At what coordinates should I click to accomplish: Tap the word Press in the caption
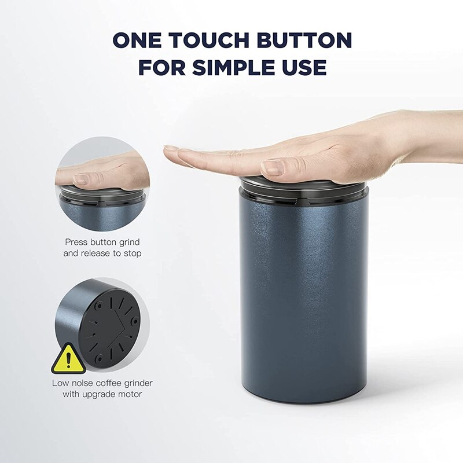coord(76,242)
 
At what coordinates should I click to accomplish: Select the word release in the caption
coord(102,253)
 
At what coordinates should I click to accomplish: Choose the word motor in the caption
coord(129,394)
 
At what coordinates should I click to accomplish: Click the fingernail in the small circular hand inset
coord(81,180)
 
